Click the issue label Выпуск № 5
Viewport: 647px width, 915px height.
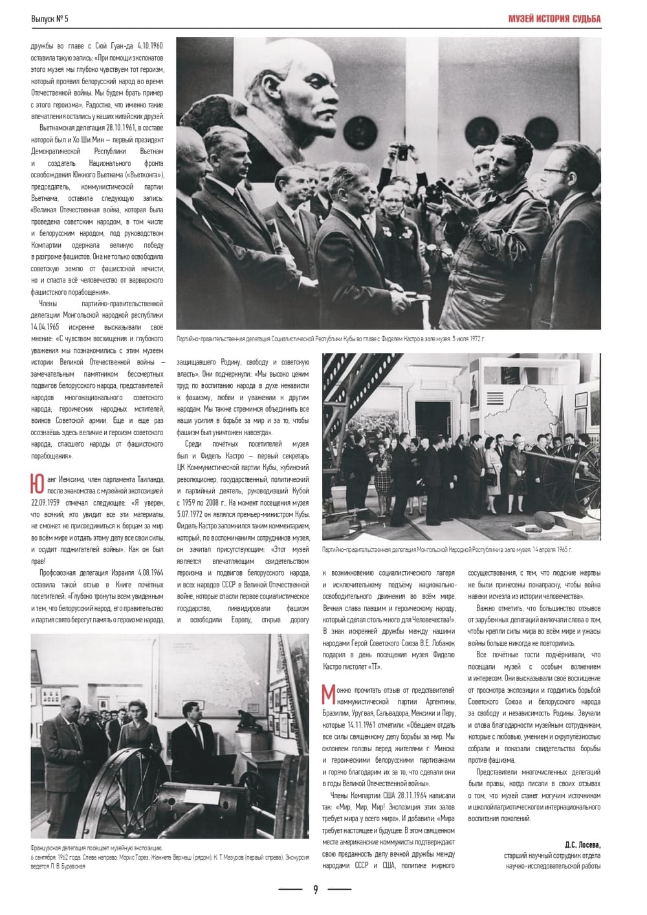pos(50,19)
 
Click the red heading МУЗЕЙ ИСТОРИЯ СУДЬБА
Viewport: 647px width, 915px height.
pos(554,19)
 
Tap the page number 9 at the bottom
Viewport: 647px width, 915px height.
pos(315,889)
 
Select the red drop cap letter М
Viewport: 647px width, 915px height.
pos(329,695)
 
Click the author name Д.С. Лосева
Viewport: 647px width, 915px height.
pos(582,844)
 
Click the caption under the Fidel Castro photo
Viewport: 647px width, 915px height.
pos(330,339)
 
